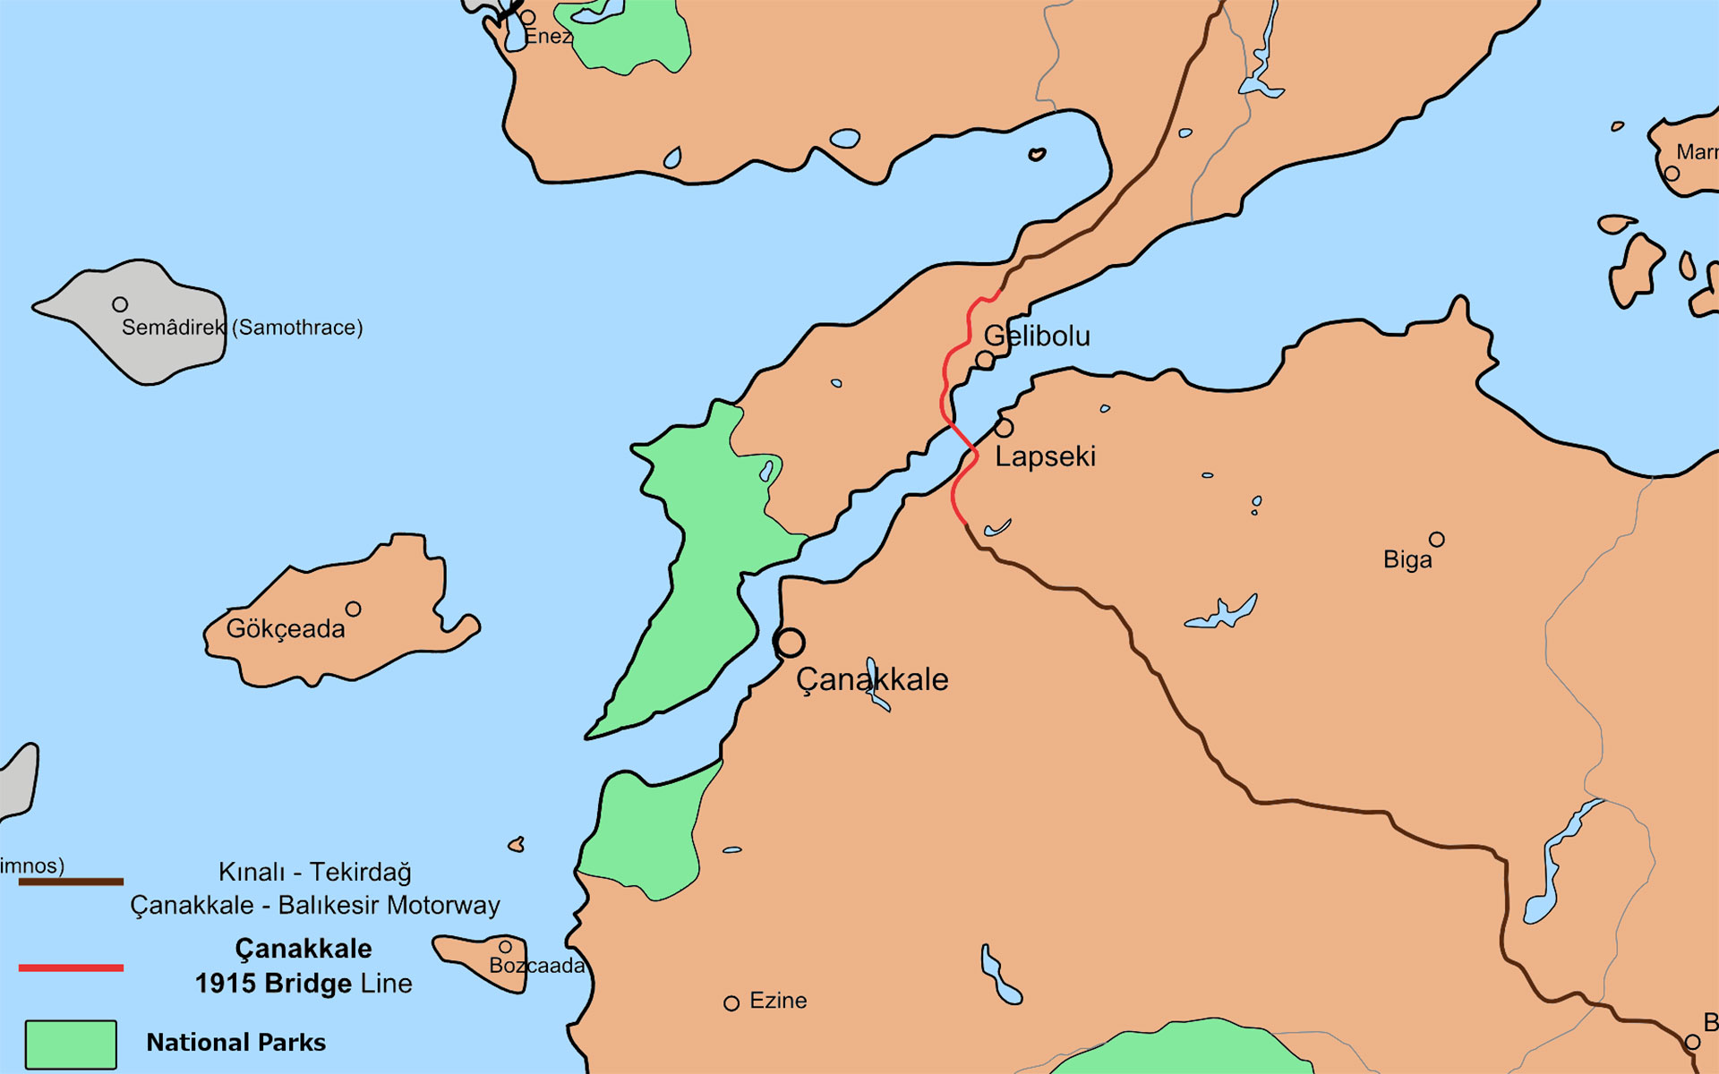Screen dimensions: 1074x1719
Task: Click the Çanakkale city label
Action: pyautogui.click(x=871, y=679)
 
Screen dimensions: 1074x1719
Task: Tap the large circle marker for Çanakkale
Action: pyautogui.click(x=790, y=643)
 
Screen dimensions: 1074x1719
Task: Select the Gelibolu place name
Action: pyautogui.click(x=1037, y=337)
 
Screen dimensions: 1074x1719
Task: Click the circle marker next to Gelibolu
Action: pyautogui.click(x=985, y=360)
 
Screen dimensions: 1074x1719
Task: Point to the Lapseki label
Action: pyautogui.click(x=1045, y=456)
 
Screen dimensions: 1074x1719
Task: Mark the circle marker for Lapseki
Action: pyautogui.click(x=1004, y=428)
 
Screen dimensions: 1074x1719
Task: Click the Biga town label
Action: pyautogui.click(x=1407, y=560)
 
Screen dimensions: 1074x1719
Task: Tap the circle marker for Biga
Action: pyautogui.click(x=1436, y=540)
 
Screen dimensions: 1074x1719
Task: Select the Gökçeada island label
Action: pyautogui.click(x=285, y=628)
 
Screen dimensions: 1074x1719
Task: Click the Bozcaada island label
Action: pyautogui.click(x=536, y=966)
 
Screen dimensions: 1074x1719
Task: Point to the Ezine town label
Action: pyautogui.click(x=777, y=1001)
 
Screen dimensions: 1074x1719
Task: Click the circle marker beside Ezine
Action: pyautogui.click(x=731, y=1003)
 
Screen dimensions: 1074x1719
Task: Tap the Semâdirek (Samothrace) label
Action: pyautogui.click(x=242, y=328)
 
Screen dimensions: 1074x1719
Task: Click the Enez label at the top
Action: pyautogui.click(x=547, y=37)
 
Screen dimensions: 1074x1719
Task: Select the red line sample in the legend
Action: pyautogui.click(x=71, y=967)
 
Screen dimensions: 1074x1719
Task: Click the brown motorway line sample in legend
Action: pyautogui.click(x=71, y=882)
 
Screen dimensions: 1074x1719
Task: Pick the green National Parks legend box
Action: pyautogui.click(x=71, y=1044)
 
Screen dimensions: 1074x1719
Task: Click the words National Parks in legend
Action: pyautogui.click(x=235, y=1043)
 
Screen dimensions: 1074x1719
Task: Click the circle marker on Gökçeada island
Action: pyautogui.click(x=354, y=609)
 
